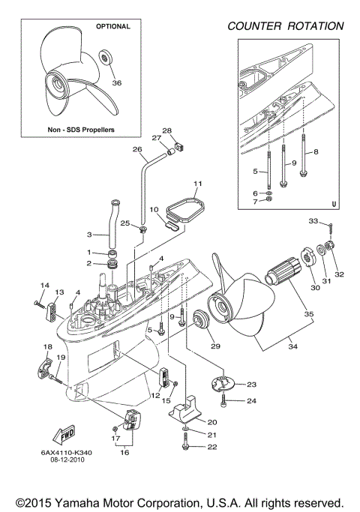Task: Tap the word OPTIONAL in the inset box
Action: (112, 26)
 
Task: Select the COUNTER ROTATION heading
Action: (286, 26)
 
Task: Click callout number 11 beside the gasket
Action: (198, 184)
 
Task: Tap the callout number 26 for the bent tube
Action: (137, 149)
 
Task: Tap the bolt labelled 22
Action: (184, 447)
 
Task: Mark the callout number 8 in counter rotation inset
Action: (316, 152)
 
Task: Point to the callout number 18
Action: (47, 346)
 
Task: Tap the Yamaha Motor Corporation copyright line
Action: (180, 501)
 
